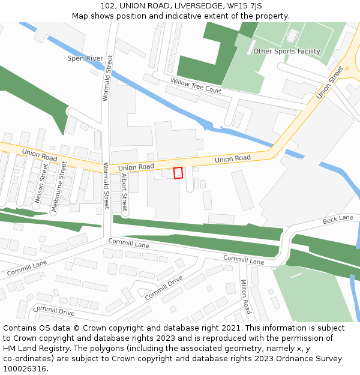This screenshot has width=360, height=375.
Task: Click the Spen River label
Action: point(85,59)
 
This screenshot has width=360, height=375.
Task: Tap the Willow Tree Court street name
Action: point(196,85)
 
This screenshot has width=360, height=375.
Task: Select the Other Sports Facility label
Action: point(286,51)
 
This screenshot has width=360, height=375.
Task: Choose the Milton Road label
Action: point(245,296)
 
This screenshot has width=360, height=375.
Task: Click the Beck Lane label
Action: point(338,220)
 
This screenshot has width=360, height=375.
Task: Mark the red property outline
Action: point(178,173)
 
